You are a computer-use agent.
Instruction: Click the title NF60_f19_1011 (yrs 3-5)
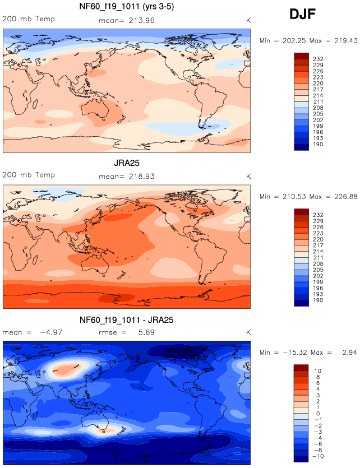[126, 7]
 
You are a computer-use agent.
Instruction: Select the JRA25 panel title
[126, 164]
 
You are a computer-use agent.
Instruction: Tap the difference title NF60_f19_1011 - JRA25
[126, 320]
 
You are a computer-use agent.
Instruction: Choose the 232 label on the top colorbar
[317, 59]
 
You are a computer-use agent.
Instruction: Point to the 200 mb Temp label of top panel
[29, 18]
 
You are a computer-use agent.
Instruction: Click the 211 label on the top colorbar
[317, 101]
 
